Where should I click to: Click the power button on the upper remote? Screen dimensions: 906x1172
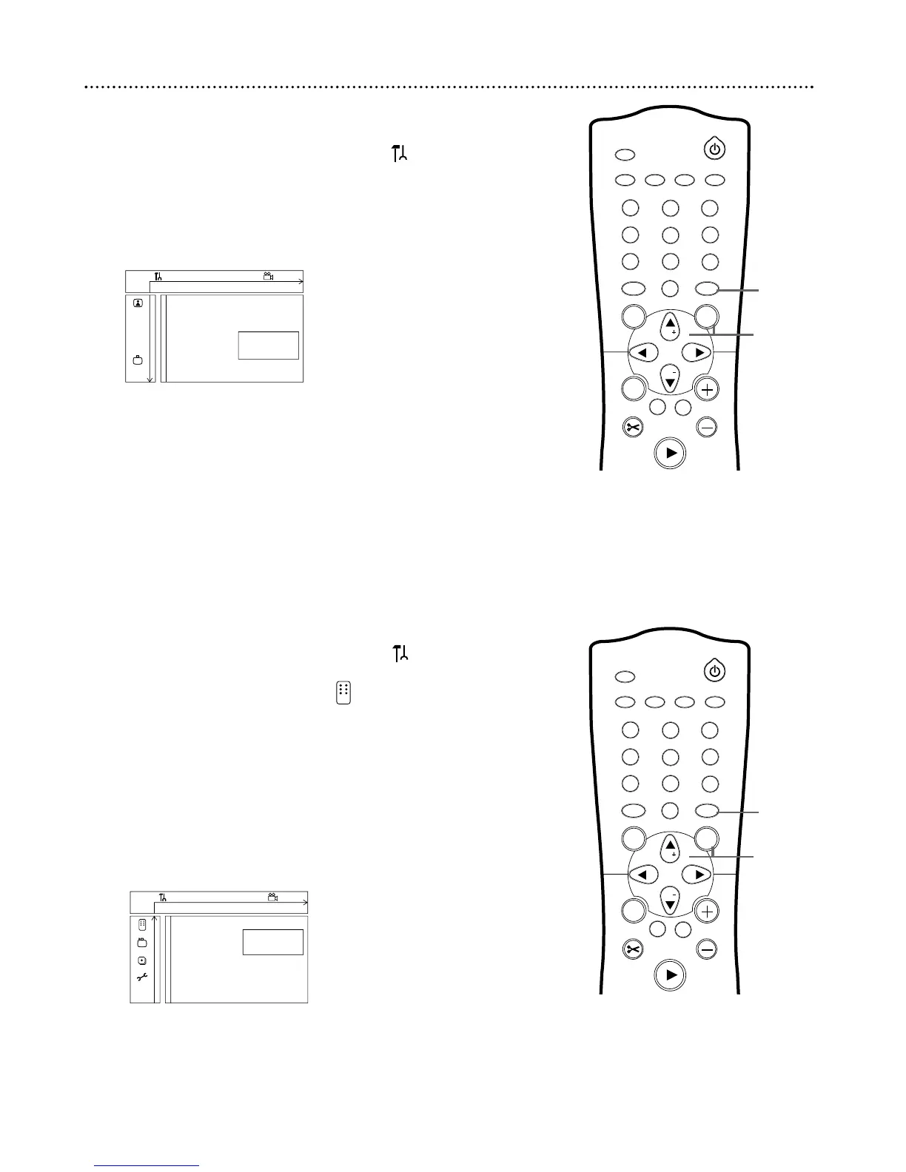point(714,149)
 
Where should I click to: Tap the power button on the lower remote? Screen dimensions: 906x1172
point(714,671)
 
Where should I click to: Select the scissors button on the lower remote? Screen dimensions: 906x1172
point(634,949)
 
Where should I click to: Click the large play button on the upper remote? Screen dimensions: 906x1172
point(671,454)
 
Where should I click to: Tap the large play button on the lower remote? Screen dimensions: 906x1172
point(671,975)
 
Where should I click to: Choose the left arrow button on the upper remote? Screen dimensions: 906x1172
point(642,353)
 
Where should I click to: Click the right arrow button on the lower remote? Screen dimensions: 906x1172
point(697,875)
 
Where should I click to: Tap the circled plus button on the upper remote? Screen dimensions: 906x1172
point(708,389)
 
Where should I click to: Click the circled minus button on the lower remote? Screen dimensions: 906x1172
point(708,949)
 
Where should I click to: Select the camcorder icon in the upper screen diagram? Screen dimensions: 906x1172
point(268,277)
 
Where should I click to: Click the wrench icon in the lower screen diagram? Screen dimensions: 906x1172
point(142,977)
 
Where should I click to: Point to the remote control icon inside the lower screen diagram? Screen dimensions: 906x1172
point(142,924)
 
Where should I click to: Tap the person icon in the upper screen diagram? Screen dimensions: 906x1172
point(138,303)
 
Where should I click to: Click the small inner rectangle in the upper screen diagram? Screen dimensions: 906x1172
point(268,346)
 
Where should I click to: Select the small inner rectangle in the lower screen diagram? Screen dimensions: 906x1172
point(272,942)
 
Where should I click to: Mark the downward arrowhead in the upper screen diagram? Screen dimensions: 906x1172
point(150,379)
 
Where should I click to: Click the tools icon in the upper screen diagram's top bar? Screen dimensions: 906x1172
point(157,277)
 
